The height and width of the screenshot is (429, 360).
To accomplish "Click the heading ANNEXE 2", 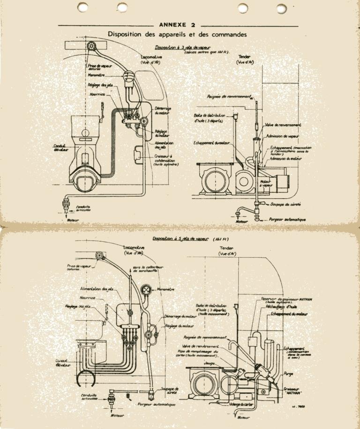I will click(178, 24).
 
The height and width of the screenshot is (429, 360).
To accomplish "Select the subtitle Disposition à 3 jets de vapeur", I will click(183, 47).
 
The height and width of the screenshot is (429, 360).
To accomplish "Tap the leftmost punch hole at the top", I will click(82, 7).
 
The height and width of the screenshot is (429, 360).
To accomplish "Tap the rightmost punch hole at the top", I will click(282, 8).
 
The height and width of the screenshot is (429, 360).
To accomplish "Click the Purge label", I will click(289, 374).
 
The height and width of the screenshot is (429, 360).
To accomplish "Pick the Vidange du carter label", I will click(241, 404).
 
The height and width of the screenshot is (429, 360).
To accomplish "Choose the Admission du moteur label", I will click(286, 159).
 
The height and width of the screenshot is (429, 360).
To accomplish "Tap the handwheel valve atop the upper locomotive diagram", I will click(92, 46).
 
